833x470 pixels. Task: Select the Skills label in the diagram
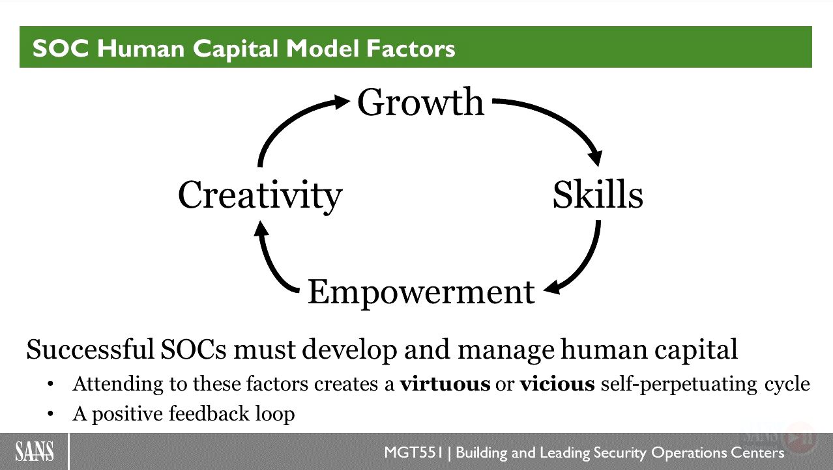click(x=598, y=195)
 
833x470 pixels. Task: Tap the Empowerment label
click(x=421, y=293)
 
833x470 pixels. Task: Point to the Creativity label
click(x=260, y=195)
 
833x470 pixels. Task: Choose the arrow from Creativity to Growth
click(x=286, y=120)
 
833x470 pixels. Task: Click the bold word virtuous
click(x=445, y=384)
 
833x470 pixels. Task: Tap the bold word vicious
click(x=557, y=384)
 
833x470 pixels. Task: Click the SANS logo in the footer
click(x=34, y=451)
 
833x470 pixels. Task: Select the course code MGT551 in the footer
click(x=413, y=452)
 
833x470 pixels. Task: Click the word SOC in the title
click(x=61, y=48)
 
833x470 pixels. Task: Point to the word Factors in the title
click(x=411, y=48)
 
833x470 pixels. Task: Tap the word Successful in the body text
click(x=90, y=350)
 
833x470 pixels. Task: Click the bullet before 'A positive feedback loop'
click(x=51, y=413)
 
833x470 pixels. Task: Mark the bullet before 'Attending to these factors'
click(x=51, y=384)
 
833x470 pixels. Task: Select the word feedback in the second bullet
click(x=209, y=413)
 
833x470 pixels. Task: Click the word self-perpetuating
click(x=679, y=385)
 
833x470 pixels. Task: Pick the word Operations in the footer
click(x=688, y=453)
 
